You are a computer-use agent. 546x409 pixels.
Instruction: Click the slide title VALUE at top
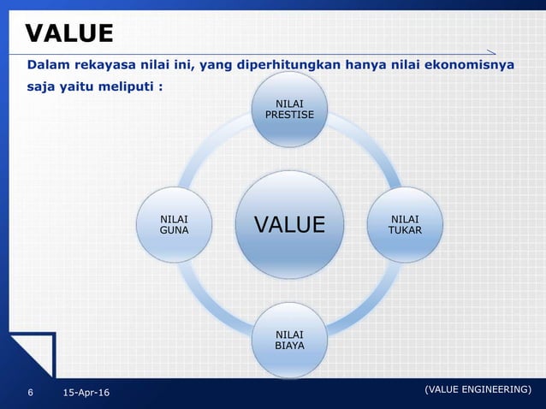click(x=69, y=33)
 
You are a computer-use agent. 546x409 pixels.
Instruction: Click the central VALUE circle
click(x=289, y=224)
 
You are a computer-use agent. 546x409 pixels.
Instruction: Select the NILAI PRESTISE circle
click(x=288, y=109)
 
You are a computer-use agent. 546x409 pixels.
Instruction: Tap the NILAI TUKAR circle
click(x=405, y=225)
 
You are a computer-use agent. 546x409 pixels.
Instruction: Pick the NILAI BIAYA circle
click(x=288, y=340)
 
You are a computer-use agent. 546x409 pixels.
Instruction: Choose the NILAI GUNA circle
click(x=174, y=224)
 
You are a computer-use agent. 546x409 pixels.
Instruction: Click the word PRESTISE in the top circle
click(x=288, y=115)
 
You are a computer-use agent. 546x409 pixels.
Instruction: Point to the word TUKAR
click(x=405, y=231)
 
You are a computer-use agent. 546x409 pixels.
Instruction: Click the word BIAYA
click(x=288, y=346)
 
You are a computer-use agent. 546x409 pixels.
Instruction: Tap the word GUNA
click(x=174, y=230)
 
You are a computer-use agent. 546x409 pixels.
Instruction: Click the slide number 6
click(x=31, y=393)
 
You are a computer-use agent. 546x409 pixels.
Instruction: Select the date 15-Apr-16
click(x=86, y=393)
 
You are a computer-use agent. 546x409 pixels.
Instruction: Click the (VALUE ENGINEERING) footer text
click(x=478, y=389)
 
